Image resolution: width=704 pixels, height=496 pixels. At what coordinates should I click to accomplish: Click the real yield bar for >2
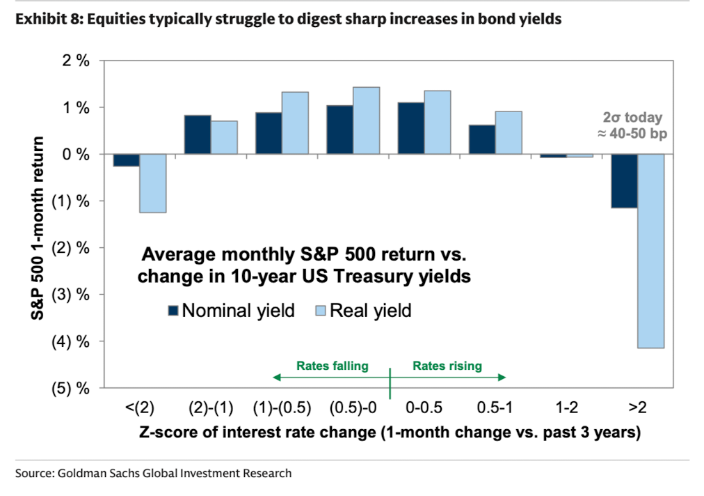click(x=650, y=251)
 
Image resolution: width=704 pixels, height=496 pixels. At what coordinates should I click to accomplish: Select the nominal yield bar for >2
click(x=624, y=181)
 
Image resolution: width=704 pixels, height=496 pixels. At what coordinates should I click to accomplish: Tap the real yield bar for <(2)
click(x=152, y=183)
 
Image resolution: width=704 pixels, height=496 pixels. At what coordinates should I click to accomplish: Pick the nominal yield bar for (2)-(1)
click(x=198, y=135)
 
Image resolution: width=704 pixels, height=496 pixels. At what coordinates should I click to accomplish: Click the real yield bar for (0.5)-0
click(x=367, y=121)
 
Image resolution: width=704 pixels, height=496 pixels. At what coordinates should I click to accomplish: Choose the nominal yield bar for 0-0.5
click(x=411, y=129)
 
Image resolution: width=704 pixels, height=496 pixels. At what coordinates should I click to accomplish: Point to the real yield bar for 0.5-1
click(x=509, y=132)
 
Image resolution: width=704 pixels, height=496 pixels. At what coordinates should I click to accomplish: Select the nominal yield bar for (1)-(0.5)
click(x=269, y=134)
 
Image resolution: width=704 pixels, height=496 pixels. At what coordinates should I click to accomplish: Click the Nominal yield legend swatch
click(x=173, y=310)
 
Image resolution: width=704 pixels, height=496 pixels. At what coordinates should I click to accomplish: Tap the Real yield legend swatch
click(x=321, y=310)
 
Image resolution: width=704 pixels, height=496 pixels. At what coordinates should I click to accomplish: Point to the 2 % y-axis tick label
click(x=76, y=60)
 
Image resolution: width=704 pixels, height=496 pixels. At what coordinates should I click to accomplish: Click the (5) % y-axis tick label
click(x=71, y=388)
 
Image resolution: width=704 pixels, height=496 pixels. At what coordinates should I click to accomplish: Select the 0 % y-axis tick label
click(x=76, y=154)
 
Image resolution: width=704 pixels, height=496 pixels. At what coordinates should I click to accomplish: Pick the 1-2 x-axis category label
click(x=567, y=408)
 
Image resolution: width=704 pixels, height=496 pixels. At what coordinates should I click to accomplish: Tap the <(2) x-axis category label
click(x=140, y=408)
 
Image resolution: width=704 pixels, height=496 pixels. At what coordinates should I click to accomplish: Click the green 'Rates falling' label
click(x=333, y=366)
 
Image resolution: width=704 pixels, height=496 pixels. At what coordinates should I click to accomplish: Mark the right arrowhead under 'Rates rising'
click(x=502, y=378)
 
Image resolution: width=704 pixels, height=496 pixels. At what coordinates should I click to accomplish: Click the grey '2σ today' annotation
click(x=632, y=118)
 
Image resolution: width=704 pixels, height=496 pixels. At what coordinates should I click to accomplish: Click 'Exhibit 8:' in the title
click(x=49, y=19)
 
